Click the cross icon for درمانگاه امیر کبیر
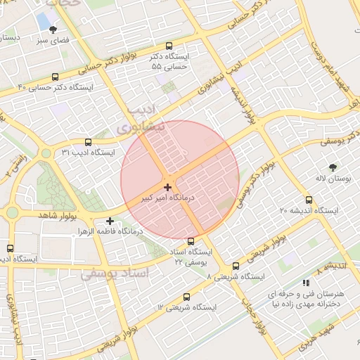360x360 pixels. click(x=167, y=187)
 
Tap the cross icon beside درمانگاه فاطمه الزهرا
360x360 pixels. click(x=110, y=221)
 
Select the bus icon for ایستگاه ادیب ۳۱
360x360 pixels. click(x=87, y=142)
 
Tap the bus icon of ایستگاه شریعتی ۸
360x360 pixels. click(x=236, y=266)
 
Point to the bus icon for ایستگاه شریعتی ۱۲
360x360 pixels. click(x=186, y=297)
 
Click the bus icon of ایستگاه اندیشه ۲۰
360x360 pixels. click(x=309, y=200)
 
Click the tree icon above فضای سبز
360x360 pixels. click(x=53, y=30)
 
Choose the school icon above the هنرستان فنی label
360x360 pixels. click(x=305, y=282)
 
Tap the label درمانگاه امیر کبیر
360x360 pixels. click(x=167, y=199)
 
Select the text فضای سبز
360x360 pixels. click(x=53, y=41)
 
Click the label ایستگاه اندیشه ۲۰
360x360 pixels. click(x=309, y=211)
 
